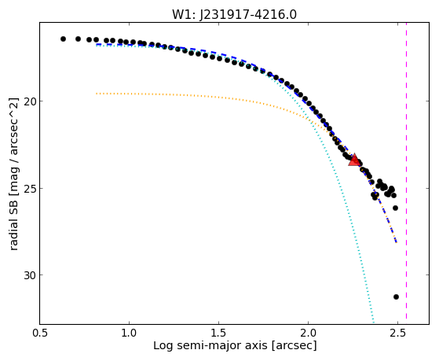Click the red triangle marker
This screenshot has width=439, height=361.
[x=354, y=160]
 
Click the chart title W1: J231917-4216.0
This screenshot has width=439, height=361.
[x=234, y=15]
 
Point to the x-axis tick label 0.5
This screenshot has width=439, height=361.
[x=39, y=333]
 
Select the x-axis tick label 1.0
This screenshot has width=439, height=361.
[x=129, y=333]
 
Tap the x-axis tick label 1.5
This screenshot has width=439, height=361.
[x=218, y=333]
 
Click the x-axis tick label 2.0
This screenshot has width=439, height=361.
[x=309, y=333]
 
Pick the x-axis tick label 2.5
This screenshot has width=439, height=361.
[x=397, y=333]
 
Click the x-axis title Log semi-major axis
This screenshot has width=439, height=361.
[x=210, y=346]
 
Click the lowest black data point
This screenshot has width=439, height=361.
[x=396, y=297]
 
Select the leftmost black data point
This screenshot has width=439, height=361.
[x=64, y=39]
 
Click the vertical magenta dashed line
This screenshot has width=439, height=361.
[x=406, y=171]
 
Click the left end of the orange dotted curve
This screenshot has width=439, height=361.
[x=97, y=94]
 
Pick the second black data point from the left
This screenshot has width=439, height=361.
[x=78, y=39]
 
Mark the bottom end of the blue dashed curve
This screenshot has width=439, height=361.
[x=396, y=241]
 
